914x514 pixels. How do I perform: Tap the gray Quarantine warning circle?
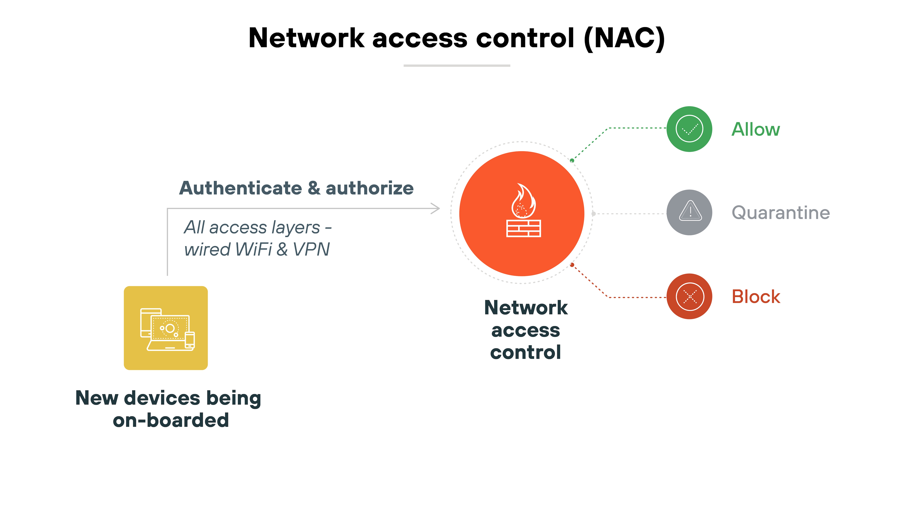coord(689,213)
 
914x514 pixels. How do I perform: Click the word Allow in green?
coord(756,129)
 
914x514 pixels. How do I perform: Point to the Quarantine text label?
coord(781,213)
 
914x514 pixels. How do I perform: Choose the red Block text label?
coord(756,297)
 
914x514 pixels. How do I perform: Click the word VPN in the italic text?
coord(311,249)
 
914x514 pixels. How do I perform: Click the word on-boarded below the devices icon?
coord(171,420)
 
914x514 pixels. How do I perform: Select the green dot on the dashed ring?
coord(572,161)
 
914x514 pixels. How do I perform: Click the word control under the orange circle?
coord(526,353)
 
